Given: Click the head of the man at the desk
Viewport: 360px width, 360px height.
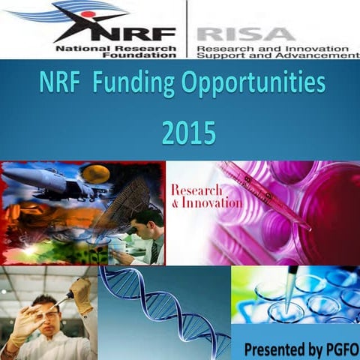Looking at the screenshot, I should (150, 221).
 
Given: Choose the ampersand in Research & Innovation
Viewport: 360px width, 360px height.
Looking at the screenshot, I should (175, 203).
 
